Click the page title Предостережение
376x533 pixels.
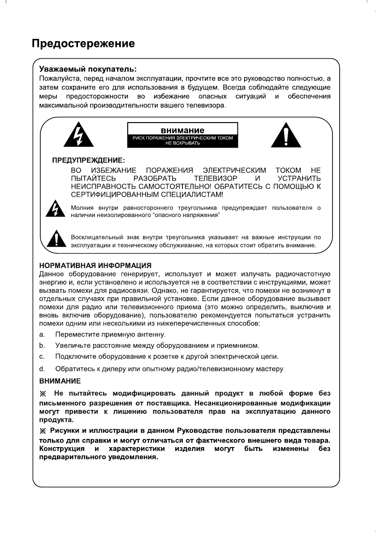coord(83,44)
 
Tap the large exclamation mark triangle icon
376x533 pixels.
coord(285,134)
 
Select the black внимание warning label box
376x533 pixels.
coord(182,135)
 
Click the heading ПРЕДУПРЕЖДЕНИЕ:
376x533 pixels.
coord(89,160)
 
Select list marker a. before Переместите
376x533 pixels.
coord(42,334)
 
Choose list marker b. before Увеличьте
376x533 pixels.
coord(42,345)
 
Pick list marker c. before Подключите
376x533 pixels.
coord(42,357)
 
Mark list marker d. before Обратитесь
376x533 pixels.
coord(42,368)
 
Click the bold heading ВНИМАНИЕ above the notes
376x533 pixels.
coord(60,381)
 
